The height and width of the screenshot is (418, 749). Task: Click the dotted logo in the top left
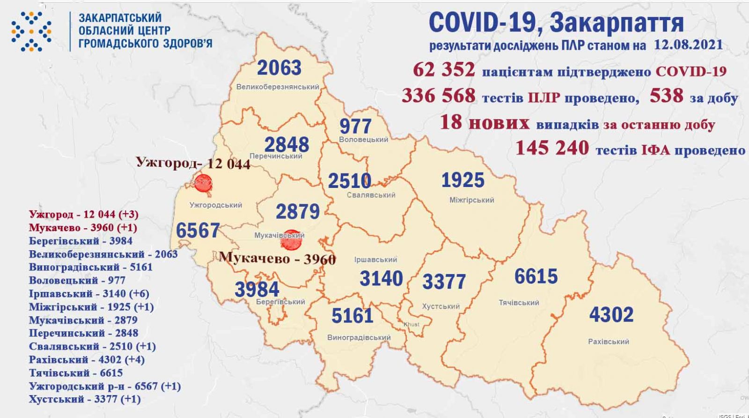coord(31,31)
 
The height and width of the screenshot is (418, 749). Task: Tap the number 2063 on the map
coord(279,68)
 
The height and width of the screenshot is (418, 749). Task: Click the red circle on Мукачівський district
coord(291,239)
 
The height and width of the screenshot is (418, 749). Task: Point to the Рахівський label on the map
coord(608,342)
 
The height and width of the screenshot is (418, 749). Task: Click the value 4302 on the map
coord(611,314)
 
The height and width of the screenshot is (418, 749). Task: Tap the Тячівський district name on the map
coord(519,303)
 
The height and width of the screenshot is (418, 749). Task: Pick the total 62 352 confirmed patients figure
coord(444,70)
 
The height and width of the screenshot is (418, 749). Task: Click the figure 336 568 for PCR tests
coord(438,96)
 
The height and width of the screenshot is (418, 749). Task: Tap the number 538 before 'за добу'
coord(666,96)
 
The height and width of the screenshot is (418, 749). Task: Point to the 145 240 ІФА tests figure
coord(552,149)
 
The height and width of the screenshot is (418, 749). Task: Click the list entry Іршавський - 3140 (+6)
coord(89,294)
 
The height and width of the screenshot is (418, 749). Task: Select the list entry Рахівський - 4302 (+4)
coord(87,360)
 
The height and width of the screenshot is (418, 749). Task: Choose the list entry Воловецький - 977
coord(77,280)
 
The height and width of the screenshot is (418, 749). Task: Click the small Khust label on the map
coord(412,324)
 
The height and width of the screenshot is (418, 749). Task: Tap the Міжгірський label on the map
coord(471,200)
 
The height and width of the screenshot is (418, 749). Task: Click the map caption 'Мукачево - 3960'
coord(277,258)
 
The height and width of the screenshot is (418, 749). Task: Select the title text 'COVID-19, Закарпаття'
coord(556,22)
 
